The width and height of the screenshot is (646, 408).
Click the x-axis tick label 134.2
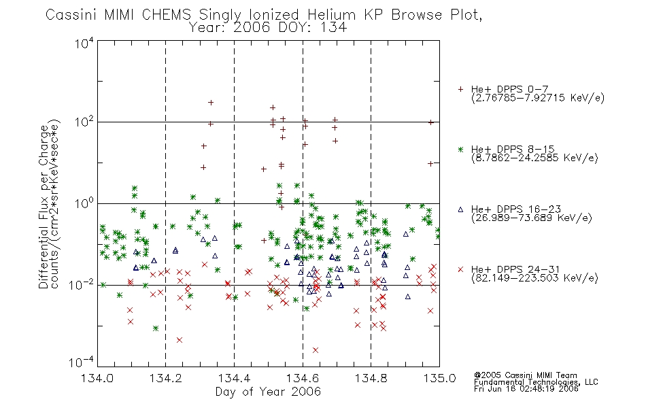click(165, 378)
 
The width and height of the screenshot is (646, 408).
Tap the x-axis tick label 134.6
click(303, 378)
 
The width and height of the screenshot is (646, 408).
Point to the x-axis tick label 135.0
click(439, 378)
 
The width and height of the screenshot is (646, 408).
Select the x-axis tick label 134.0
click(97, 378)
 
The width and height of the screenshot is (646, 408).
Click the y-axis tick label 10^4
click(84, 43)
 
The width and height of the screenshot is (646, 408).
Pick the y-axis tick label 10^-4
click(82, 362)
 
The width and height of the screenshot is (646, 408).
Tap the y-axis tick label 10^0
click(84, 203)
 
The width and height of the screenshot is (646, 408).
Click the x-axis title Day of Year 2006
click(268, 392)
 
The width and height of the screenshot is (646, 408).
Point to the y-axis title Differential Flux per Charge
click(44, 207)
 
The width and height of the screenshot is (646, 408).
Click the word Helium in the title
click(331, 15)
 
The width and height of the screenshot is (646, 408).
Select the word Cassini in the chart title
click(71, 15)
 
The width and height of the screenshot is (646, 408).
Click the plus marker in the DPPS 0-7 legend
click(460, 89)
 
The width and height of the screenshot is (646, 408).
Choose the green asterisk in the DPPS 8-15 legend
click(460, 149)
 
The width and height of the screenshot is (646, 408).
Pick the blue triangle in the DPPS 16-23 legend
click(460, 209)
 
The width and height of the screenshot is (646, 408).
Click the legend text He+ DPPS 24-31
click(515, 269)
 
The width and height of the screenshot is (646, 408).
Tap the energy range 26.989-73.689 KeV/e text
click(532, 218)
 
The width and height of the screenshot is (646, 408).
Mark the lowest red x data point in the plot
click(316, 350)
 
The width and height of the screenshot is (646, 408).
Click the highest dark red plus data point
click(211, 103)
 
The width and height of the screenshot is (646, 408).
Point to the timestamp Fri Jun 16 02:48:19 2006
click(526, 388)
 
